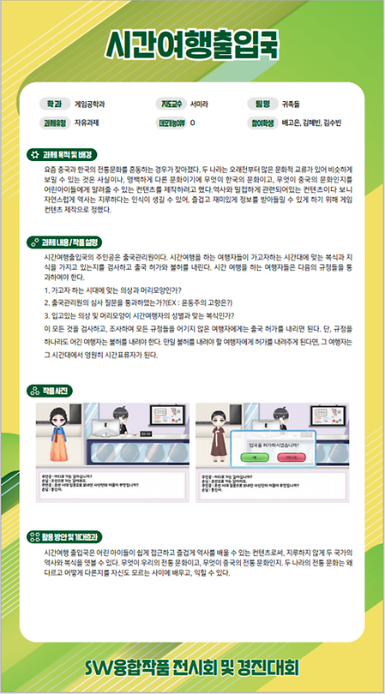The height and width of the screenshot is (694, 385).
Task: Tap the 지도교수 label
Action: (170, 104)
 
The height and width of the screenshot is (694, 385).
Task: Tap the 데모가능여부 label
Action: (170, 123)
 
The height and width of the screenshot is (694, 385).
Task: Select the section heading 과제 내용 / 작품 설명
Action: (69, 242)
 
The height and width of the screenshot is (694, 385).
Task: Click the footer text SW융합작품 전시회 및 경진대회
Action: (192, 667)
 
